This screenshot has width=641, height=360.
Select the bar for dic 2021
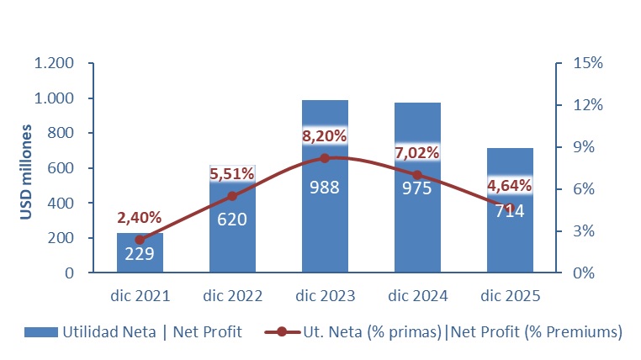tap(140, 252)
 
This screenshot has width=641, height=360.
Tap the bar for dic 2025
tap(510, 244)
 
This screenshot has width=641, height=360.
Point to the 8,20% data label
tap(325, 135)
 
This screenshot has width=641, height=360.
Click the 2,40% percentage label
tap(140, 218)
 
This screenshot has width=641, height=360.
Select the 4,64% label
tap(510, 185)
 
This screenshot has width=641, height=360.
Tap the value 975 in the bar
tap(417, 188)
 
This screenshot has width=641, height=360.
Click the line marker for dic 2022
tap(232, 196)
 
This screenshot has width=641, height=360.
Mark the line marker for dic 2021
tap(140, 240)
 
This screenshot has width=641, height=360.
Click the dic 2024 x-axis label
tap(417, 296)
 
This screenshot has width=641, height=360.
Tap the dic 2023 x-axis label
tap(325, 296)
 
